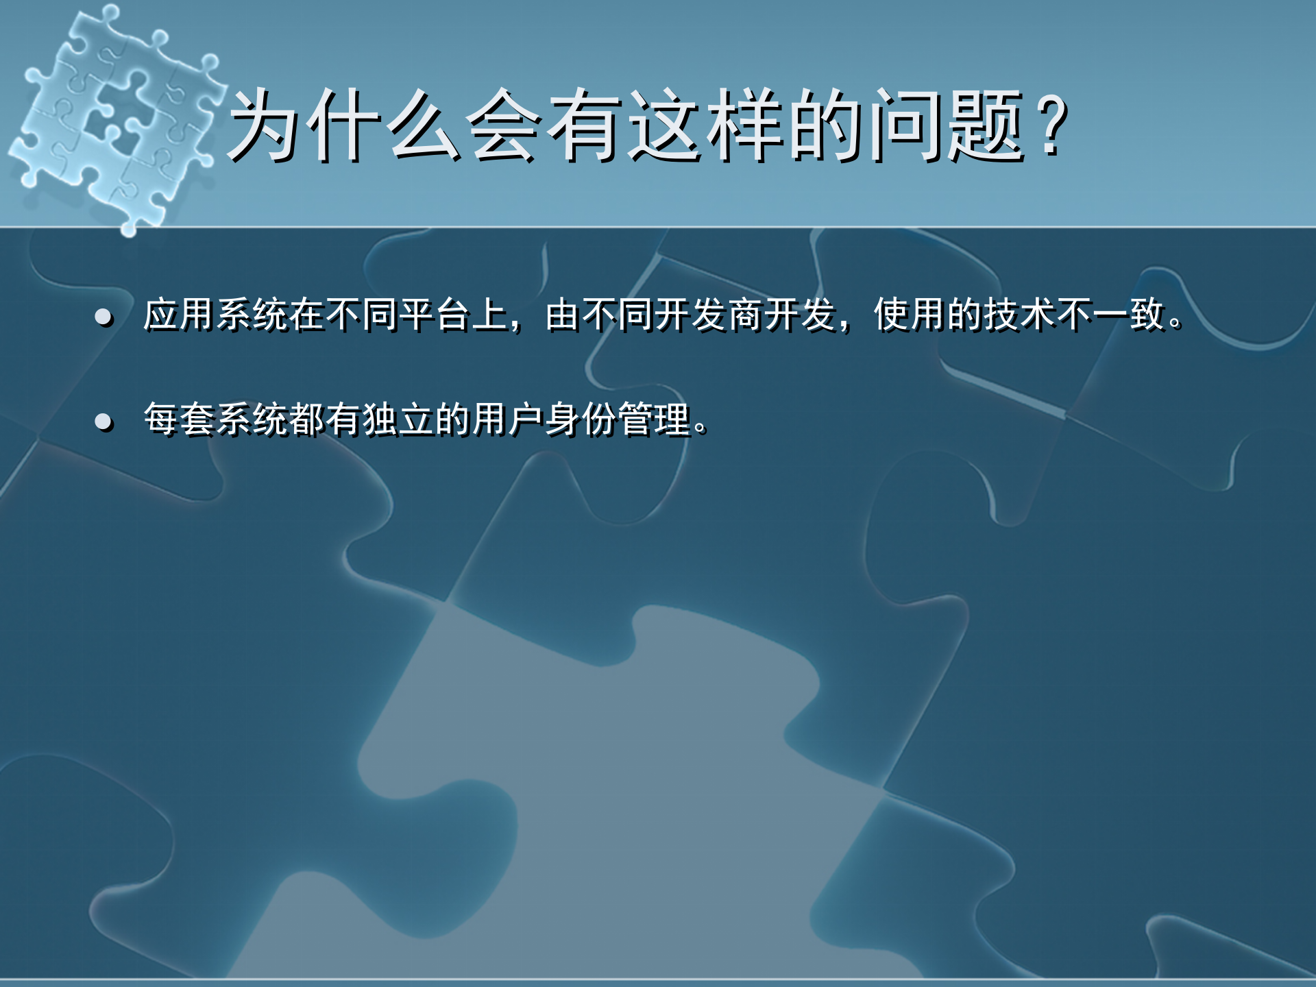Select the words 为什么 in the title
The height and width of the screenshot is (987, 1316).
point(345,126)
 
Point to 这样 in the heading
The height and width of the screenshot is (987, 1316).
point(706,126)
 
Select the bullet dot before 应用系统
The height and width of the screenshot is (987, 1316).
point(103,317)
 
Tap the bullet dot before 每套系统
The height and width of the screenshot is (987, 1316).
point(103,421)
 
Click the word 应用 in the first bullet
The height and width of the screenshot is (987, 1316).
point(180,315)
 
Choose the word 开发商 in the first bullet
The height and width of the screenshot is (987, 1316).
point(709,315)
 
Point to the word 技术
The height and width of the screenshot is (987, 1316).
point(1019,315)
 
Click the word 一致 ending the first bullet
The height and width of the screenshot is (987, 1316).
point(1130,315)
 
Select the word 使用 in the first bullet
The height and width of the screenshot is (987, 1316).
point(910,315)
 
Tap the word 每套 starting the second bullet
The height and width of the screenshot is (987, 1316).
point(180,419)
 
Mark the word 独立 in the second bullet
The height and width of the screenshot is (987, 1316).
point(398,419)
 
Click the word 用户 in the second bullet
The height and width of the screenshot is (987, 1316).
point(507,419)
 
